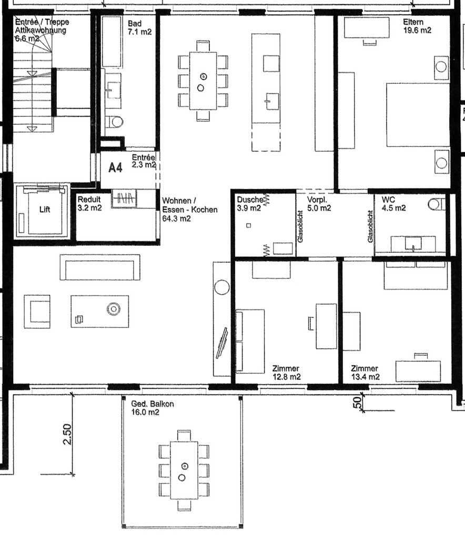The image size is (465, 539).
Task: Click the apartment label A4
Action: coord(115,168)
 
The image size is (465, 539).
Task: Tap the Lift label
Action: coord(46,209)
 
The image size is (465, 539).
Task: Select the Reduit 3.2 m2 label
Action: coord(89,204)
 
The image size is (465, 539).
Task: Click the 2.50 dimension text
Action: coord(67,434)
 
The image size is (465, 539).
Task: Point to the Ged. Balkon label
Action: coord(152,408)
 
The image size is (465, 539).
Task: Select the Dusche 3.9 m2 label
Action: coord(248,204)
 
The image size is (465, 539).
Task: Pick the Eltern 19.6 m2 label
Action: coord(417,26)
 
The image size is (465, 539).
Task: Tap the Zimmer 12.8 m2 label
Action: coord(286,372)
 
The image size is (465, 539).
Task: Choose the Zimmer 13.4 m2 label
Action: coord(365,372)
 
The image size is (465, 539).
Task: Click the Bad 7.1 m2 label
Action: coord(139,27)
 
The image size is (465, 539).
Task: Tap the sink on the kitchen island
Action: coord(271,99)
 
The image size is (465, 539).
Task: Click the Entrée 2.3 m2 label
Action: coord(144,161)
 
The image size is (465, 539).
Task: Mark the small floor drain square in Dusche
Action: coord(249,226)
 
